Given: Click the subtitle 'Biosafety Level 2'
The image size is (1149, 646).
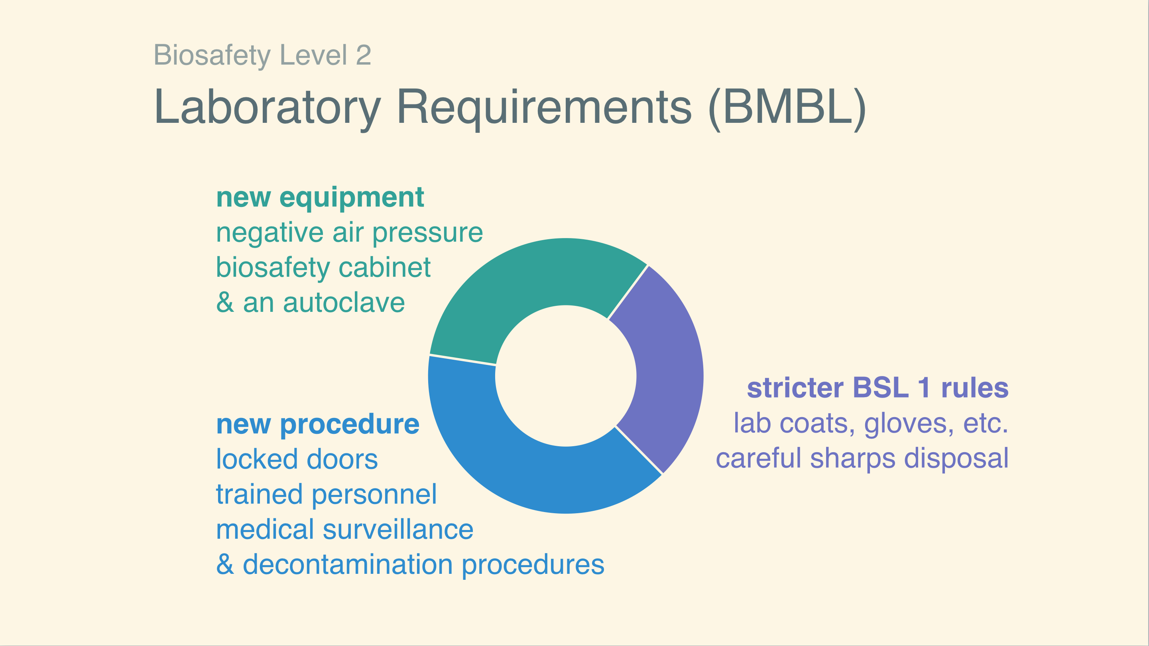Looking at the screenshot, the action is coord(262,55).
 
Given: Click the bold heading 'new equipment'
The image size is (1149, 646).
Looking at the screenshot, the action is coord(320,198).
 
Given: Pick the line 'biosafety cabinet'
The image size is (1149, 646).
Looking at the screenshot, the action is coord(323,268).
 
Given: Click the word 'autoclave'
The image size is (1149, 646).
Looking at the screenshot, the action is coord(344,303).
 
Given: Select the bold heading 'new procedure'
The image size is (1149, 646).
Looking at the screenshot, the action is coord(318,424).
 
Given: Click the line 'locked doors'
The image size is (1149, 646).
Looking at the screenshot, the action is coord(297,459).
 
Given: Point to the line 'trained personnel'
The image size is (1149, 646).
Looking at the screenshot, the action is coord(327,495).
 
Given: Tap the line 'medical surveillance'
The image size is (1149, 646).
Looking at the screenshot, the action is coord(344,530).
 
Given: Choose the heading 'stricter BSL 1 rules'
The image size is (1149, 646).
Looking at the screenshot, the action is coord(878,388).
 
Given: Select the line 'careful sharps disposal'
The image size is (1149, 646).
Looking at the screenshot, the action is coord(862,459).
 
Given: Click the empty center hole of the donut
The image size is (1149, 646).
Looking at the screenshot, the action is coord(566,376).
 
